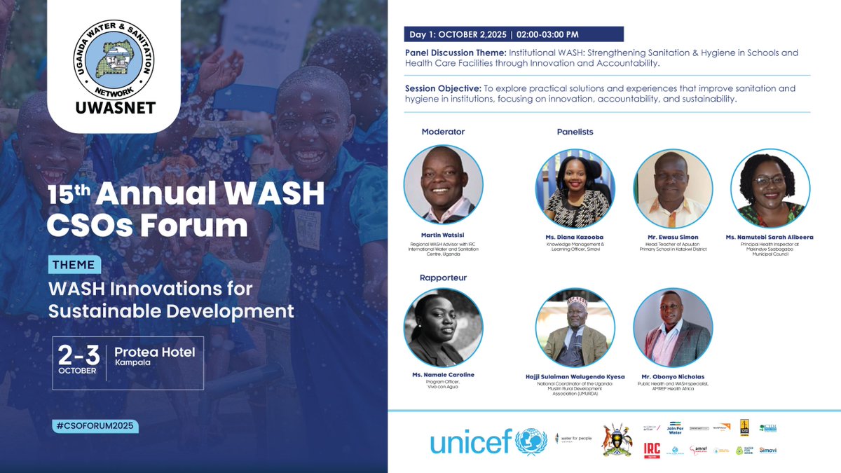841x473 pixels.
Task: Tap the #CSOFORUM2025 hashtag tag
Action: click(95, 425)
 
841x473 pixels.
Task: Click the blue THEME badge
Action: click(75, 265)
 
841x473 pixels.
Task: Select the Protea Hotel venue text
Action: click(155, 352)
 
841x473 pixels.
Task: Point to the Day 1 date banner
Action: click(513, 34)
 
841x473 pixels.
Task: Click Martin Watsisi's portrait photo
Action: click(443, 184)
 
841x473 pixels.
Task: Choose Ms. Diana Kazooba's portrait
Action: click(575, 188)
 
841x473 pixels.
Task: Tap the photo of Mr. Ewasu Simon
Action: click(673, 188)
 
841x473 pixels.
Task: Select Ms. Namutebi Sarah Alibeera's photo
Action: click(770, 188)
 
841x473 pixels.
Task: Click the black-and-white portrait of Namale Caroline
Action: click(443, 327)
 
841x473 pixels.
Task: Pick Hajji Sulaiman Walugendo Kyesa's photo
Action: click(575, 327)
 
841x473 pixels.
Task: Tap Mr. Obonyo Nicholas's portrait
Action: click(673, 327)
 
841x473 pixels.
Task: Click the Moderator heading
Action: click(443, 132)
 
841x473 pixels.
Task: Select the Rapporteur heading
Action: click(443, 277)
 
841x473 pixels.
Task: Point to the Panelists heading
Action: click(575, 132)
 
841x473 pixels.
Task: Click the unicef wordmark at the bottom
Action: click(472, 442)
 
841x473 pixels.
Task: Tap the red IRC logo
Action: click(652, 451)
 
